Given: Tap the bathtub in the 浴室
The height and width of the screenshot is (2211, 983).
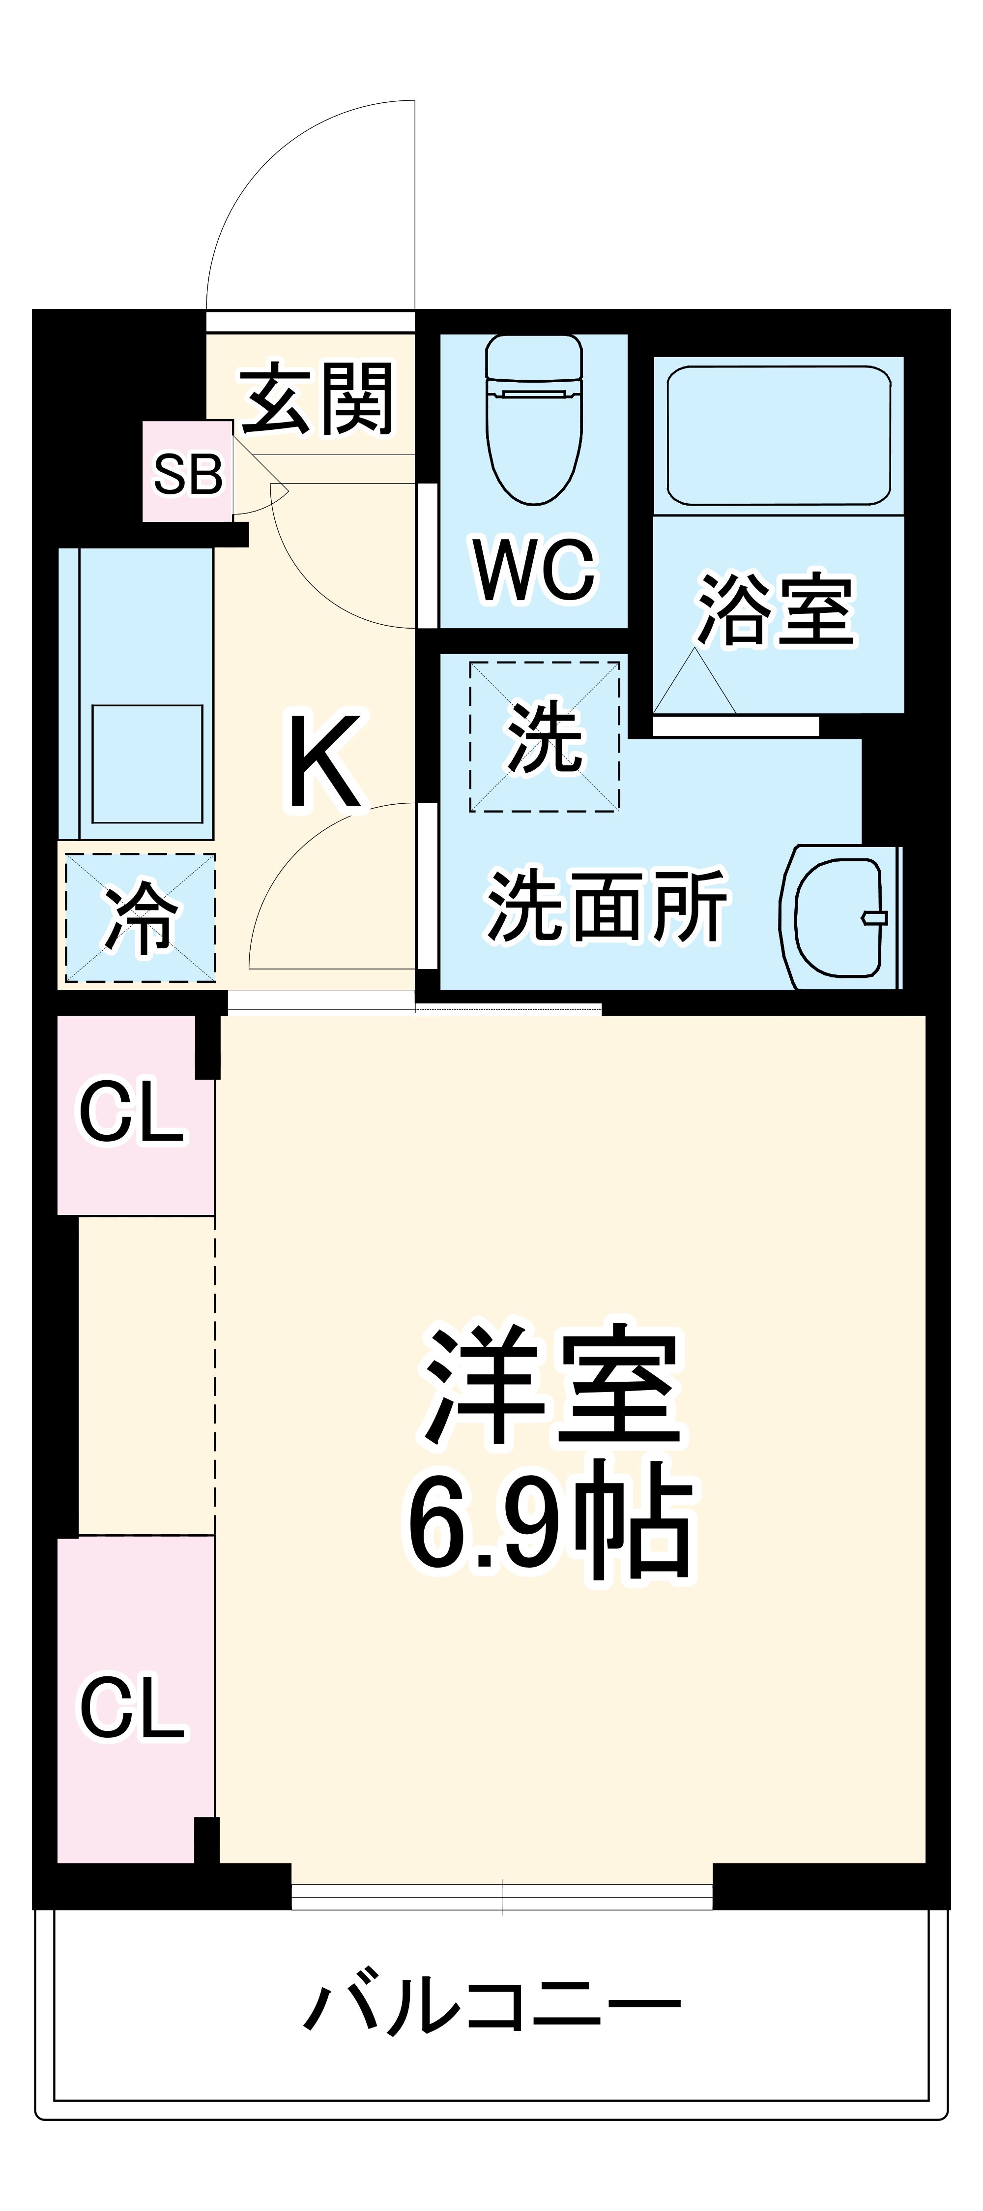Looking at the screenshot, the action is (779, 436).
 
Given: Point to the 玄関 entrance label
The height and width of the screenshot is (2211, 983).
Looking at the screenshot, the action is (318, 398).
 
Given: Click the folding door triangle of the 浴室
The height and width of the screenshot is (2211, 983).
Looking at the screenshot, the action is (695, 681).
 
